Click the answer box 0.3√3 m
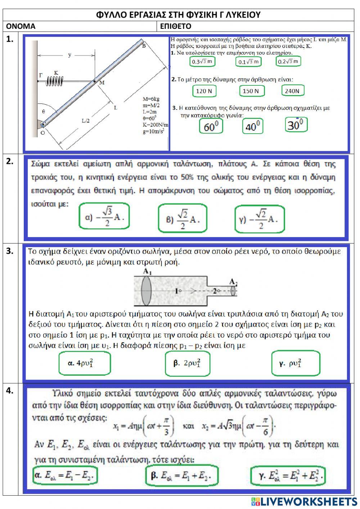[x=202, y=62]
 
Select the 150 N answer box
[x=252, y=91]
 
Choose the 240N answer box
[x=292, y=91]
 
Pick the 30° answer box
[x=296, y=125]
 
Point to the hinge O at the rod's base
[x=43, y=125]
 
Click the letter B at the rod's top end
[x=144, y=46]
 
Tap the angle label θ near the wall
[x=44, y=112]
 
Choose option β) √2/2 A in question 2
[x=183, y=219]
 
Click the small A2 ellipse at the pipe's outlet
[x=233, y=290]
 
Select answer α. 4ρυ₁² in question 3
[x=84, y=363]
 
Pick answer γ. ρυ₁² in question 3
[x=295, y=363]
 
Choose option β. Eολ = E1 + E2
[x=182, y=476]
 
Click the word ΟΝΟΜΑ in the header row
[x=21, y=26]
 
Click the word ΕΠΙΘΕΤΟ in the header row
[x=176, y=26]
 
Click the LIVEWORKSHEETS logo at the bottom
[x=304, y=501]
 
